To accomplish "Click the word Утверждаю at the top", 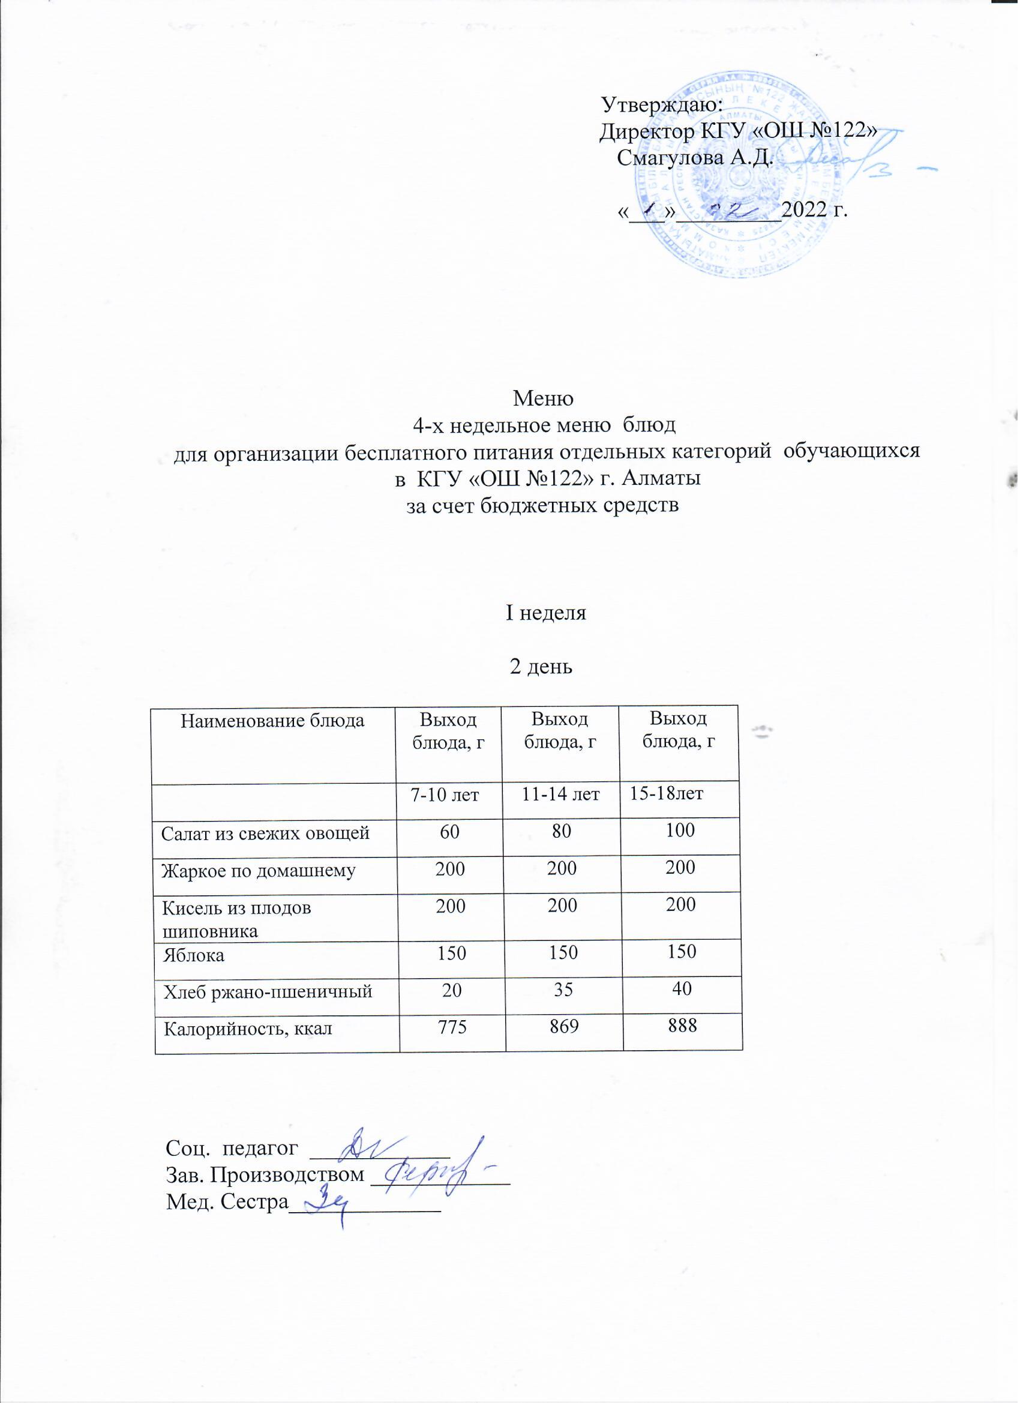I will click(662, 104).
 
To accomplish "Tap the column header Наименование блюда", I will click(273, 721).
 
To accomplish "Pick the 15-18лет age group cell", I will click(666, 794).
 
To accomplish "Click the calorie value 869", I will click(562, 1027).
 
